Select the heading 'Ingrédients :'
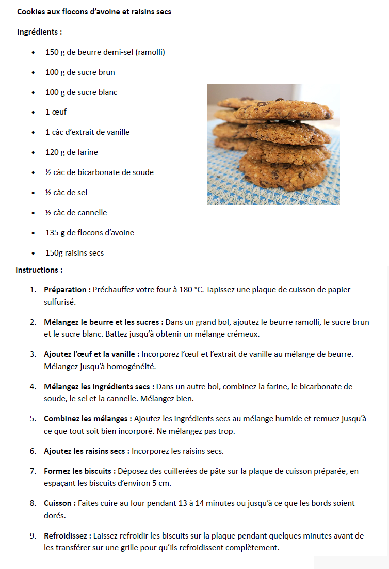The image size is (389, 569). [x=39, y=32]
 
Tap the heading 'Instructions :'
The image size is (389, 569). [x=39, y=270]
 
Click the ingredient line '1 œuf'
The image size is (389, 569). [x=56, y=112]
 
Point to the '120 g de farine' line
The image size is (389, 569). [x=71, y=152]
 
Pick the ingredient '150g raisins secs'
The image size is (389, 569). [x=74, y=253]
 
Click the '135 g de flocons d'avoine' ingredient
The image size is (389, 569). [x=89, y=233]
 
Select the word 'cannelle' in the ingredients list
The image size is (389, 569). [x=92, y=213]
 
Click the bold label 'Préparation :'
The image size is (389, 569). [x=67, y=290]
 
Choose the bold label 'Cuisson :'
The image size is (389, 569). [x=60, y=503]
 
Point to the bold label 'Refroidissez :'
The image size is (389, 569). [x=68, y=536]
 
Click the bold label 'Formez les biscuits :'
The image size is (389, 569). [x=80, y=471]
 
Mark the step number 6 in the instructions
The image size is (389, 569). [x=33, y=451]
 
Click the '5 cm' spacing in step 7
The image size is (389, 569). [x=161, y=483]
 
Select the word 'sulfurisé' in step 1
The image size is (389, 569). [x=60, y=302]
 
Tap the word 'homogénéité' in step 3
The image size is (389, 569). [x=133, y=367]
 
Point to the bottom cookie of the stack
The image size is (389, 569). [x=284, y=174]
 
